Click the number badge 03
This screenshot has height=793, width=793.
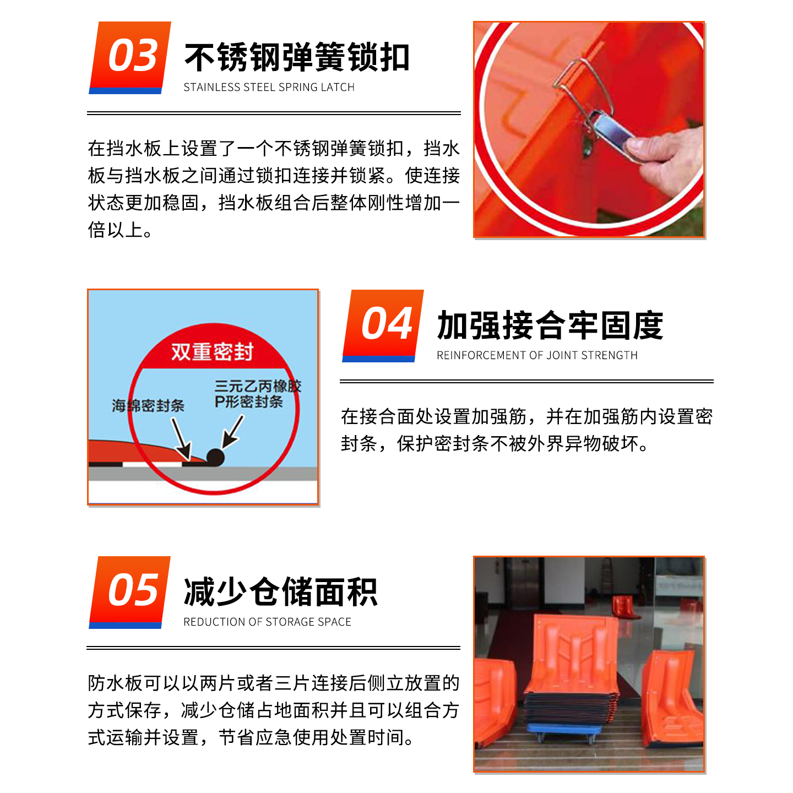tap(131, 57)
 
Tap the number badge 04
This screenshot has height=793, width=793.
tap(384, 325)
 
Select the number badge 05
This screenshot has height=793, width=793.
tap(131, 591)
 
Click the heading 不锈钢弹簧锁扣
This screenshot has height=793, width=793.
tap(297, 57)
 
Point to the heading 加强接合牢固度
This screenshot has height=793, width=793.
tap(550, 325)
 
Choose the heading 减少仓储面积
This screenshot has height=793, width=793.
tap(280, 593)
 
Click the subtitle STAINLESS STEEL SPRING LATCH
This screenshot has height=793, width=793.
tap(269, 87)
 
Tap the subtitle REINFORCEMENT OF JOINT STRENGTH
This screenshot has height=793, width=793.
tap(537, 355)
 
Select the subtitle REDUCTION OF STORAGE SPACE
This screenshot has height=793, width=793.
tap(267, 622)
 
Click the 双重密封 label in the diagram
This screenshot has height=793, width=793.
tap(212, 351)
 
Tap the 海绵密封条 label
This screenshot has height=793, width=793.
tap(148, 406)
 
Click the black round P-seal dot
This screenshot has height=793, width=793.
tap(215, 457)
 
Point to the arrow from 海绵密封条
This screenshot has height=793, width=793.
tap(181, 438)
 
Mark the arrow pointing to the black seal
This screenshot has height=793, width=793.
tap(232, 431)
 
